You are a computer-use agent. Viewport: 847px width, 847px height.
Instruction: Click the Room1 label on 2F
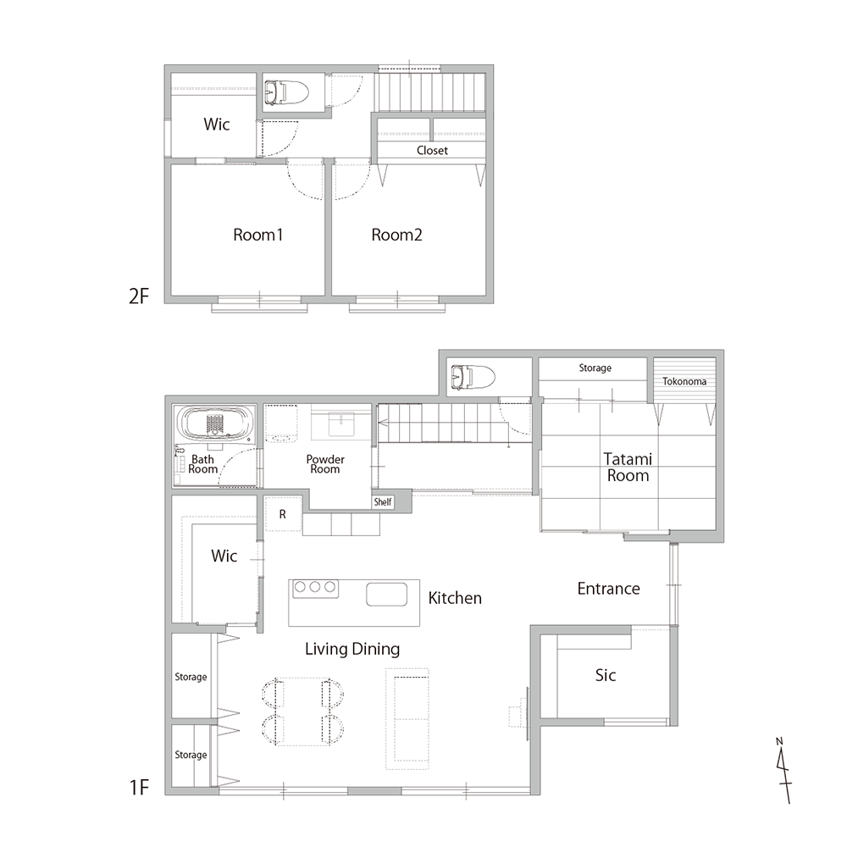(x=257, y=235)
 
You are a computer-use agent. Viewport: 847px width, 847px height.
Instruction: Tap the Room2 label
(x=396, y=235)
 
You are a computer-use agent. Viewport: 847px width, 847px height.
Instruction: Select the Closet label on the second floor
(x=432, y=150)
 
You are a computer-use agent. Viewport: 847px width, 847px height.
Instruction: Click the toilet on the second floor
(x=286, y=92)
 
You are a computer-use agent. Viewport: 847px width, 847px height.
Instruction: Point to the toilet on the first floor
(x=473, y=377)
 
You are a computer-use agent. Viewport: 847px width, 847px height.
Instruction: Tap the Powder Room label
(x=325, y=464)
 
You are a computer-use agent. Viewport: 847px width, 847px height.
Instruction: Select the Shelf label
(x=383, y=501)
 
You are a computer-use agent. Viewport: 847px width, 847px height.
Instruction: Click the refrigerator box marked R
(x=283, y=514)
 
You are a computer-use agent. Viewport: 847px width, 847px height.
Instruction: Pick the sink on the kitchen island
(x=386, y=595)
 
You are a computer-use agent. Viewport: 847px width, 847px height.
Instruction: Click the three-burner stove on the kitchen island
(x=315, y=589)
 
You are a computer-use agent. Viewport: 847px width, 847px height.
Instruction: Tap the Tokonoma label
(x=684, y=381)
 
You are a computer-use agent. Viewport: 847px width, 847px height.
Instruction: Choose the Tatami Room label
(x=628, y=468)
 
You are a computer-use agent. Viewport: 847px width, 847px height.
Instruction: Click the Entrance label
(x=608, y=589)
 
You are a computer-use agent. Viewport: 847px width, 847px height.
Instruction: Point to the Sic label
(x=606, y=675)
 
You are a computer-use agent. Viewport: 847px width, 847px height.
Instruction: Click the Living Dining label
(x=352, y=649)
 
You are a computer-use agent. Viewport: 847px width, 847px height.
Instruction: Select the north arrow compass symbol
(x=783, y=770)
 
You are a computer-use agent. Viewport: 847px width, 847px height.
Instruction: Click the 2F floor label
(x=139, y=296)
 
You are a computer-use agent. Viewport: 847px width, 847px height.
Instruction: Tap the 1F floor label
(x=139, y=788)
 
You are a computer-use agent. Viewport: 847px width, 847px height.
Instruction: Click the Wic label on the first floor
(x=224, y=556)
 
